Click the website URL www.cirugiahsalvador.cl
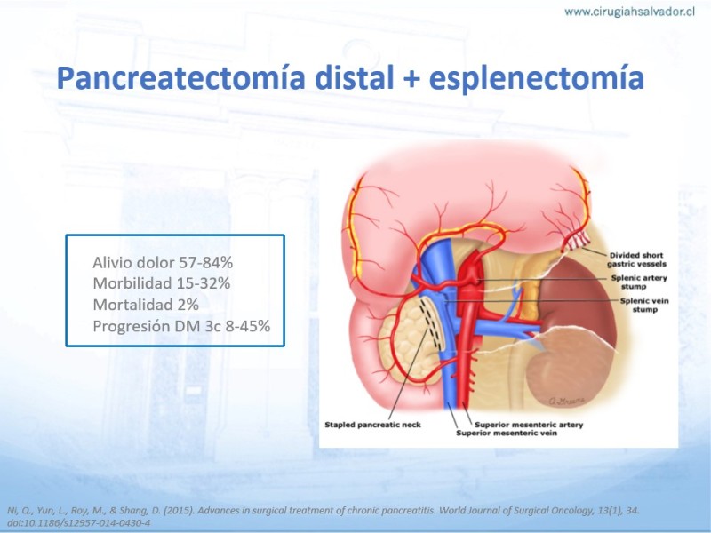(629, 12)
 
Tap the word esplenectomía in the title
(537, 79)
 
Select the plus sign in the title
(411, 79)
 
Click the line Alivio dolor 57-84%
(163, 262)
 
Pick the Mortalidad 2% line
(146, 305)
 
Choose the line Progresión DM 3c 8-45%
(181, 326)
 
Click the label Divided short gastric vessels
(636, 259)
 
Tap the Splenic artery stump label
(639, 282)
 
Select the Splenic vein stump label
(644, 305)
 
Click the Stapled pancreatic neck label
(372, 425)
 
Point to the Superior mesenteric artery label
(529, 425)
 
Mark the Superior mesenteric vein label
(507, 433)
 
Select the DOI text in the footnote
(78, 522)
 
